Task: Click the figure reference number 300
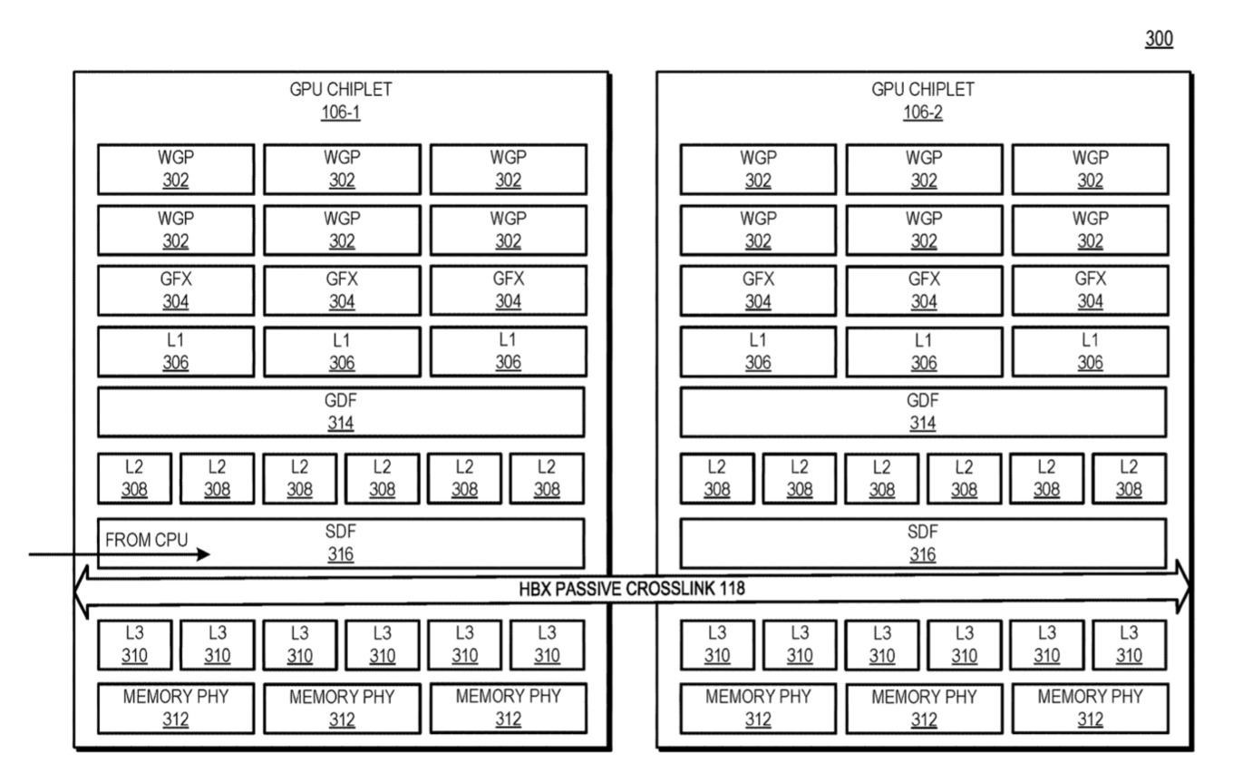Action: coord(1159,39)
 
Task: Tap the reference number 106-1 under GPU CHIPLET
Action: coord(340,113)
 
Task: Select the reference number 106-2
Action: coord(923,113)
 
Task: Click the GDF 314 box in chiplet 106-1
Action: coord(341,412)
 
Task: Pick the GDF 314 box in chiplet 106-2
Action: coord(923,412)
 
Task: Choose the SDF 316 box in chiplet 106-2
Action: coord(923,543)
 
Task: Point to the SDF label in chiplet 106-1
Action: coord(340,532)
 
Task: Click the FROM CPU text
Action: coord(147,540)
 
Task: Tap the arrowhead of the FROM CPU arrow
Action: coord(204,554)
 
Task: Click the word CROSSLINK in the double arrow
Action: coord(671,589)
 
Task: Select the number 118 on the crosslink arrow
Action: coord(733,589)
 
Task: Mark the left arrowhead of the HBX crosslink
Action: coord(81,592)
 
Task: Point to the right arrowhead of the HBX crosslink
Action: coord(1183,587)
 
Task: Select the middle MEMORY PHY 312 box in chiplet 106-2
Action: coord(924,709)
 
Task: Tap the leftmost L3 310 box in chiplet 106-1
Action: coord(135,645)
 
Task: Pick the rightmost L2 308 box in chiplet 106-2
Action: coord(1129,478)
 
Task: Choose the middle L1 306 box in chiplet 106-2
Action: coord(924,351)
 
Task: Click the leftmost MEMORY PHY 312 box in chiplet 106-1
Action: coord(176,709)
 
